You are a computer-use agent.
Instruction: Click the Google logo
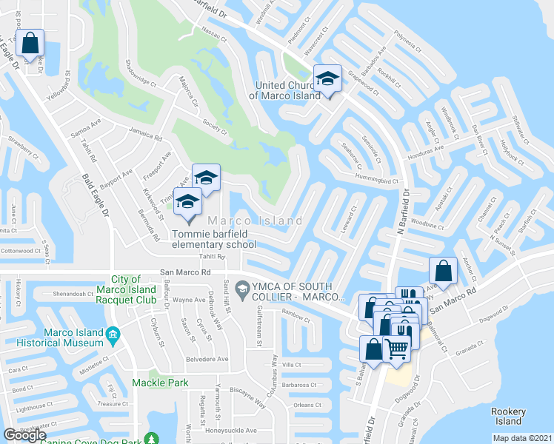click(x=24, y=435)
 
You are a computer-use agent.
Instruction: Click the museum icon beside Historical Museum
click(x=113, y=337)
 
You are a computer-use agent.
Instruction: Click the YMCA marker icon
click(x=241, y=287)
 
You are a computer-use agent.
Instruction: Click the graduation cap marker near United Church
click(x=327, y=78)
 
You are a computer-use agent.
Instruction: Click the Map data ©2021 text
click(x=522, y=438)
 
